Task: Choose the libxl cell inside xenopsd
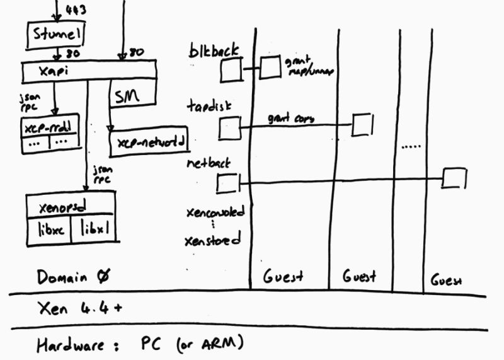point(93,231)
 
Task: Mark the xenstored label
point(212,240)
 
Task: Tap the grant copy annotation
point(290,118)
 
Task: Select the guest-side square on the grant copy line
point(362,124)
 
